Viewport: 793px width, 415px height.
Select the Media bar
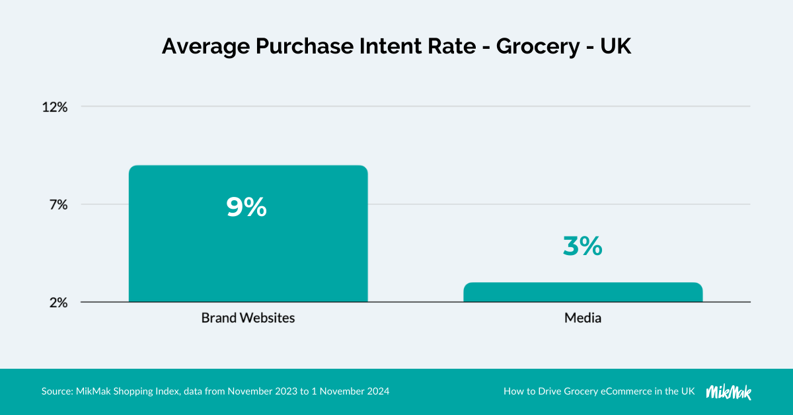coord(583,292)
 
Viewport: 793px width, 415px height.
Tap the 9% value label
coord(246,207)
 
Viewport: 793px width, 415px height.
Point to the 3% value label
coord(582,246)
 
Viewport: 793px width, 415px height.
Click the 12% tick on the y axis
coord(55,106)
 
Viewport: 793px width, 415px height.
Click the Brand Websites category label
coord(248,318)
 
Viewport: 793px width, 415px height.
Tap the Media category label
coord(583,318)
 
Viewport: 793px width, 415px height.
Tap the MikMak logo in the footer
coord(729,391)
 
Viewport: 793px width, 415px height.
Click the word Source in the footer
coord(56,391)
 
